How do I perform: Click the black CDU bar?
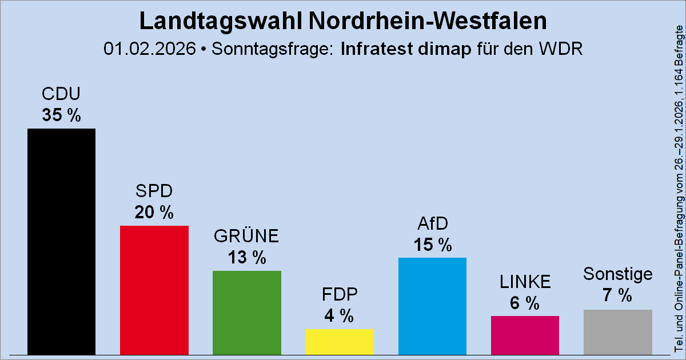click(x=62, y=241)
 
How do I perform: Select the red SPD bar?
click(x=154, y=290)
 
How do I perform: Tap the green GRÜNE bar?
click(x=247, y=313)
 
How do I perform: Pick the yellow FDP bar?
click(x=340, y=341)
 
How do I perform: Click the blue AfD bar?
click(x=433, y=306)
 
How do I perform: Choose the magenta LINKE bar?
click(x=525, y=335)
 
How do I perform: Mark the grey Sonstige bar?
click(x=618, y=331)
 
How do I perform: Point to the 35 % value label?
click(x=62, y=115)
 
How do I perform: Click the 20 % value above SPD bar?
click(x=154, y=213)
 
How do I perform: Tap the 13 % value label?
click(x=247, y=258)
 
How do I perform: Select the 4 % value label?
click(x=340, y=315)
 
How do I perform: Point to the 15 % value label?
click(x=433, y=245)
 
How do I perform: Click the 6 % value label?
click(x=525, y=303)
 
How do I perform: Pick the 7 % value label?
click(x=618, y=296)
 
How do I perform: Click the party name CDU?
click(x=62, y=94)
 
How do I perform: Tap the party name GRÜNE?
click(x=247, y=235)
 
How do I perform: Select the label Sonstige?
click(x=618, y=274)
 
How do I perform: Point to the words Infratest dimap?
click(x=406, y=49)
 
